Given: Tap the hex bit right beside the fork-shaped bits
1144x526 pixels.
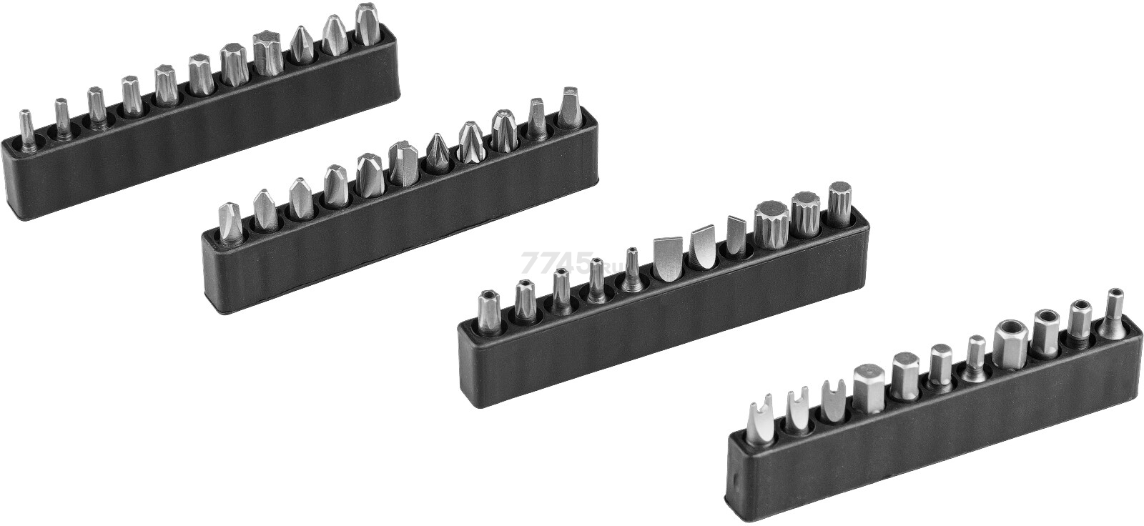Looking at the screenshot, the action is click(869, 387).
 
